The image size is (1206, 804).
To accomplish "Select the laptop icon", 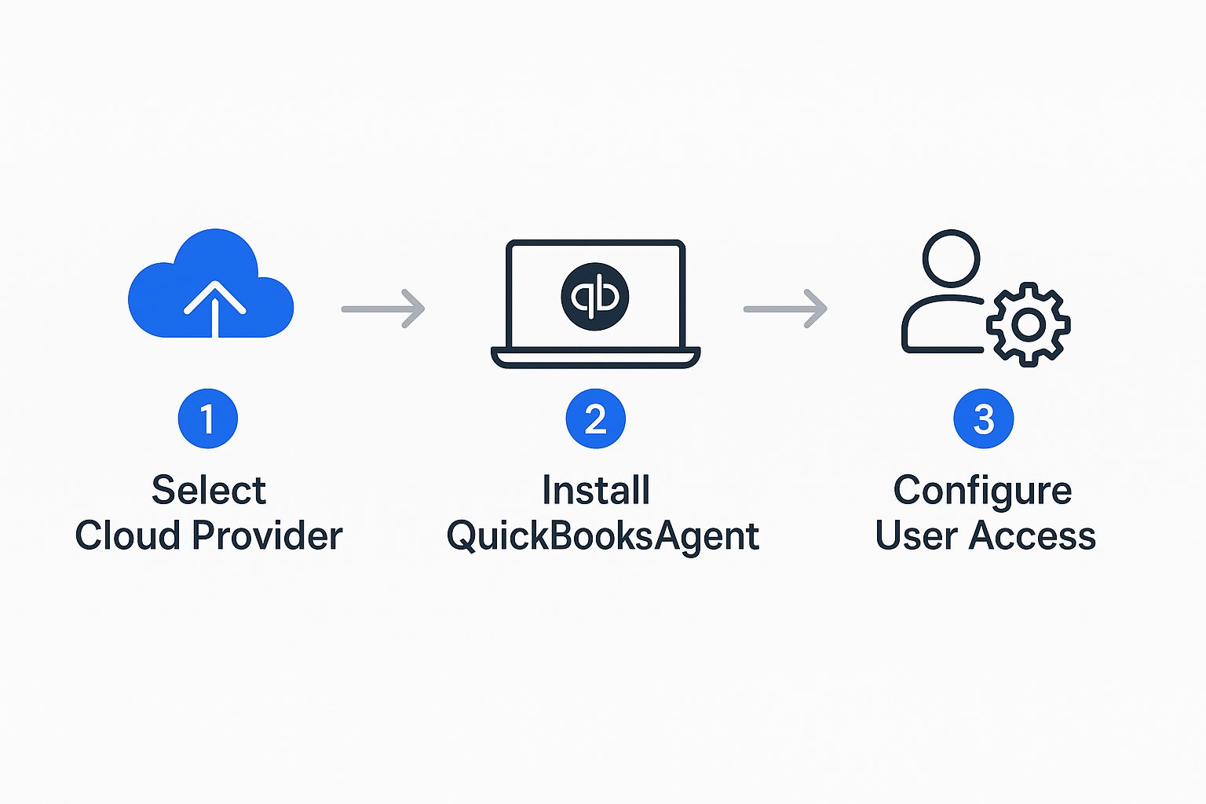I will pos(595,303).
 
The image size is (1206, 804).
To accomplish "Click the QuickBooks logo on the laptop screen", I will pos(595,296).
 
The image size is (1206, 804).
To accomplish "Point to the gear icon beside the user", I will pos(1029,324).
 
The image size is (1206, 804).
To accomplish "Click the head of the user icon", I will pos(951,258).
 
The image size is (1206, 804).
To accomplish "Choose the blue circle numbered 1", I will pos(208,418).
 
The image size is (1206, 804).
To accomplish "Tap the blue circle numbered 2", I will pos(595,418).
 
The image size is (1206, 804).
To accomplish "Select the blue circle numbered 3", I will pos(983,418).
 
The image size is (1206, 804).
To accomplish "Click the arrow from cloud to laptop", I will pos(383,309).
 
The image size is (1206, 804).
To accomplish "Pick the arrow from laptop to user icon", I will pos(785,309).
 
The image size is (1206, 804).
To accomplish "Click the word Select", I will pos(209,491).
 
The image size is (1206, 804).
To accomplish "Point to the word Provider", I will pos(267,536).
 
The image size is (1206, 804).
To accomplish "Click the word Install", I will pos(596,491).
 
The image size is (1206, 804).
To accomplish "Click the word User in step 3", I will pos(916,536).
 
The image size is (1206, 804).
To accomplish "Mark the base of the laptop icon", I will pos(595,358).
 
